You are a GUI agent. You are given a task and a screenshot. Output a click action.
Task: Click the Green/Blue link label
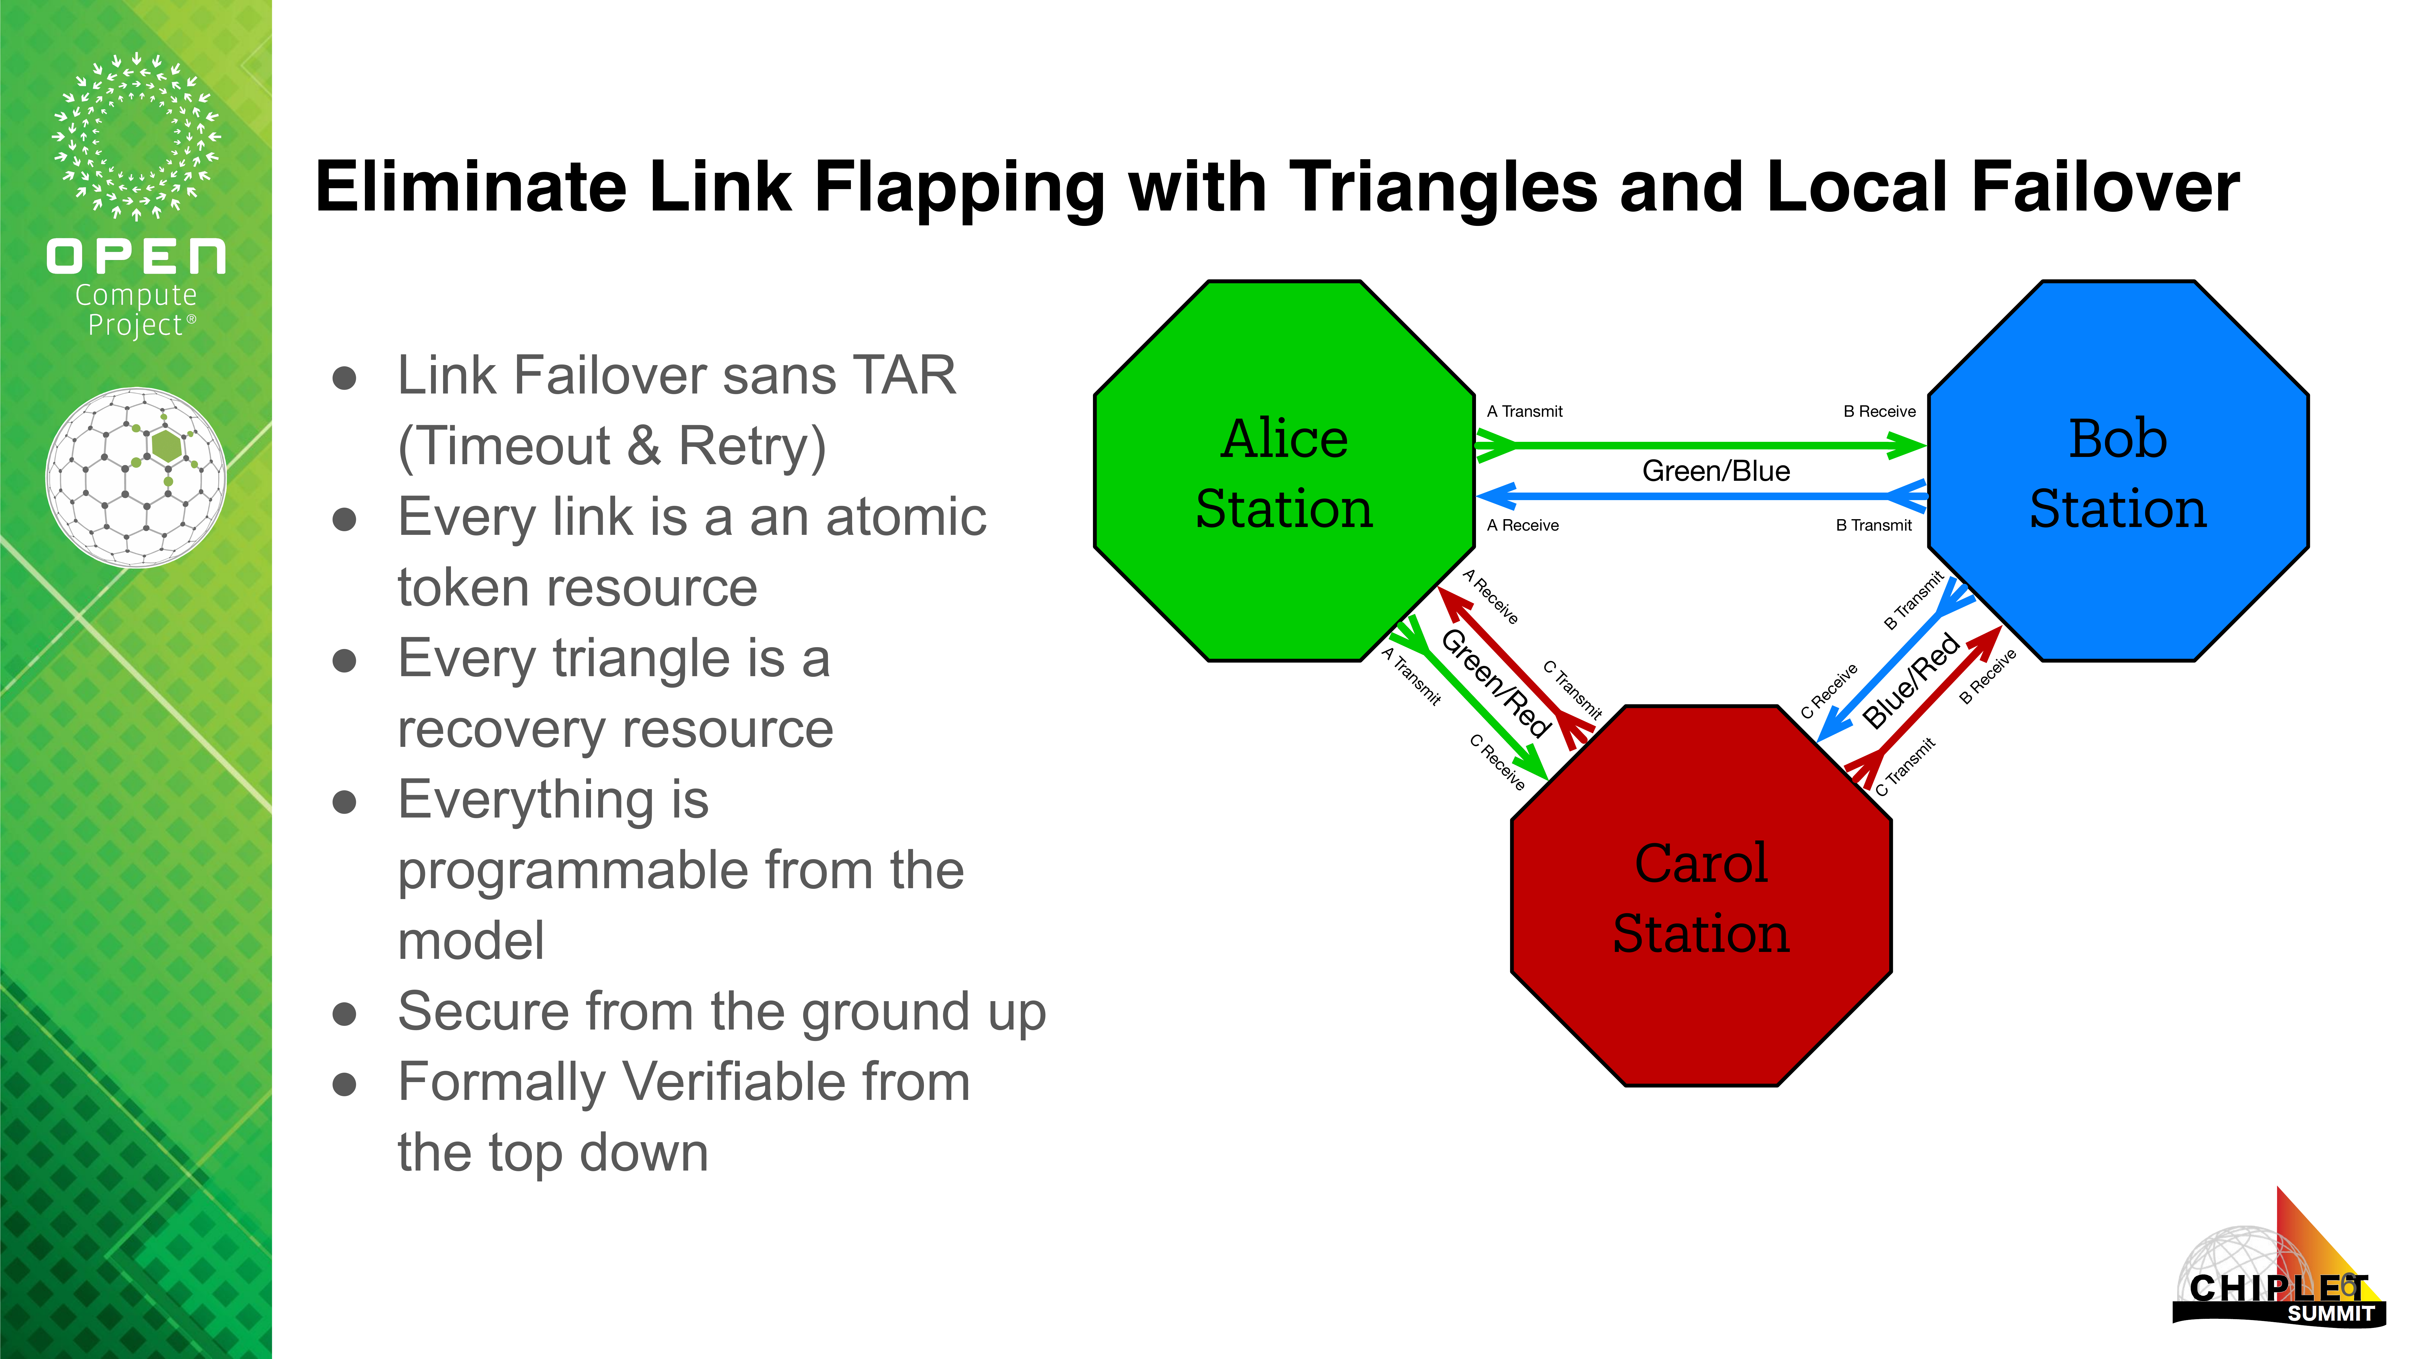pos(1716,471)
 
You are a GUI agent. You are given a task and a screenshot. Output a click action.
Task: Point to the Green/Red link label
pos(1495,683)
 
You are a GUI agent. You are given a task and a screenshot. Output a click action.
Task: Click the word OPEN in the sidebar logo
pos(136,257)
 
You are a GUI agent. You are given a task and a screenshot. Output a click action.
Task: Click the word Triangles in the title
pos(1444,188)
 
